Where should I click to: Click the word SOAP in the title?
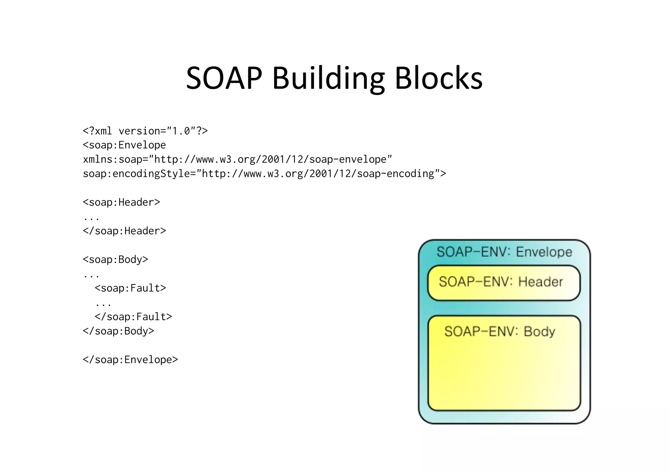[x=224, y=78]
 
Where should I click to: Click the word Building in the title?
[x=328, y=78]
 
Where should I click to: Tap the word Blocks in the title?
[x=438, y=78]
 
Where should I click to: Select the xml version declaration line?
[x=145, y=131]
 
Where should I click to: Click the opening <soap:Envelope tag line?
[x=124, y=145]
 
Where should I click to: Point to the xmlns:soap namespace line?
[x=237, y=160]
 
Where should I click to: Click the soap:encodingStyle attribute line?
[x=264, y=174]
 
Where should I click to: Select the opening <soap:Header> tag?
[x=121, y=202]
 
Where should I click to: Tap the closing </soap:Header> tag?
[x=124, y=231]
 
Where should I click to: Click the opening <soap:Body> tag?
[x=115, y=260]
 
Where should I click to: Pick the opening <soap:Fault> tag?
[x=130, y=288]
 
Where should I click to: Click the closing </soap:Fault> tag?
[x=133, y=317]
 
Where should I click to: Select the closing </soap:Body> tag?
[x=118, y=331]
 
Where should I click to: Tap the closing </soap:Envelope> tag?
[x=130, y=360]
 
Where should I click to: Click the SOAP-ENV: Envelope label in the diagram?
[x=504, y=252]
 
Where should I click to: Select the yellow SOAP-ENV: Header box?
[x=503, y=282]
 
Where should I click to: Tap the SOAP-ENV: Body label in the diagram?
[x=499, y=331]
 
